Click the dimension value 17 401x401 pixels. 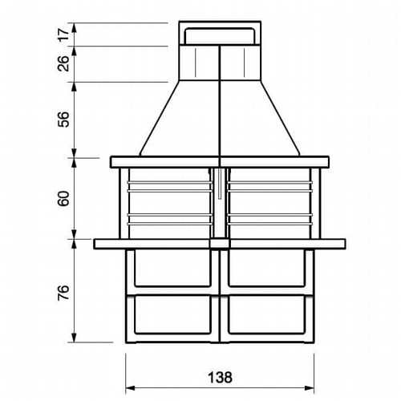(x=63, y=34)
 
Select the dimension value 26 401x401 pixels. (x=63, y=63)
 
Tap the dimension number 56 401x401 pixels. (x=63, y=119)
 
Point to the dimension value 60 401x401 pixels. (x=63, y=198)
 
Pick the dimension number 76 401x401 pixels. (x=63, y=293)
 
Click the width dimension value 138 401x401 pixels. (x=220, y=378)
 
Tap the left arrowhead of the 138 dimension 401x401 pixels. (x=131, y=388)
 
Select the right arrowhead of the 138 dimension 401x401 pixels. (x=309, y=388)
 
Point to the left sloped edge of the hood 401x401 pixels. (x=160, y=118)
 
